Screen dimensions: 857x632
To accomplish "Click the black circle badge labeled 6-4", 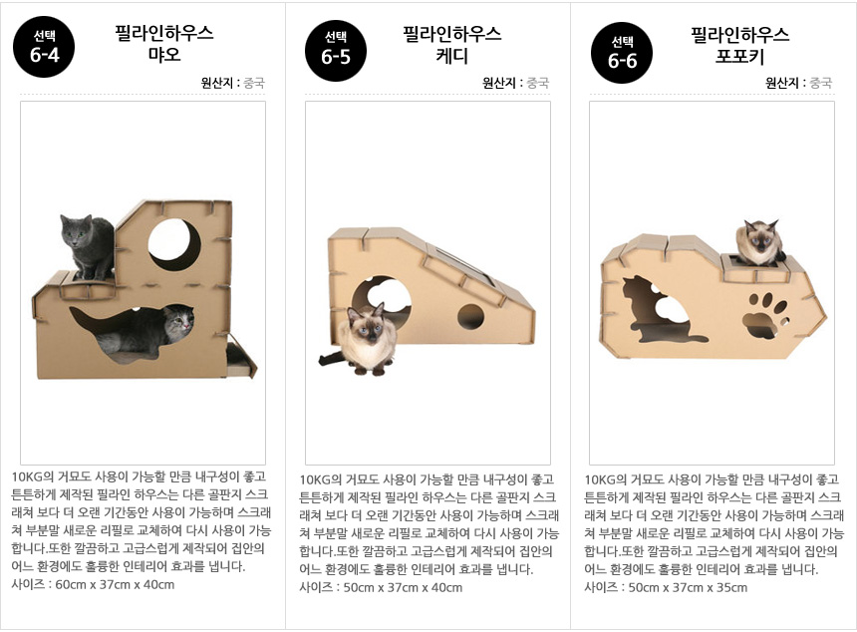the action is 44,47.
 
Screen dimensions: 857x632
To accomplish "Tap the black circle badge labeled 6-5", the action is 336,50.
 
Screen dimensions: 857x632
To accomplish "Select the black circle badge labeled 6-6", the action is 622,53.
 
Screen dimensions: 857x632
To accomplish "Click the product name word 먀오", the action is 164,55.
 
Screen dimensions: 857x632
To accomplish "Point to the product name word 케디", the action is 452,56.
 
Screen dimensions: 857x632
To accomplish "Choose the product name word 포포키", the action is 739,56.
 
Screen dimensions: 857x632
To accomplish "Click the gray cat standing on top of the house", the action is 88,246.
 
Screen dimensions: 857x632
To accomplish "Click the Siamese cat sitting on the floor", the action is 364,340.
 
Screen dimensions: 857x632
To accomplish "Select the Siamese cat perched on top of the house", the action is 759,243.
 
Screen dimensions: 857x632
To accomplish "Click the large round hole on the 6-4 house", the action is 174,244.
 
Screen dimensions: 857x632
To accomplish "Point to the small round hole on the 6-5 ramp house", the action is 470,317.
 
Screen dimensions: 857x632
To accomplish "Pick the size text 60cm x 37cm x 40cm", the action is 115,584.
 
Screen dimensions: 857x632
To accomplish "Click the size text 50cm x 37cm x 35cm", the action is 688,588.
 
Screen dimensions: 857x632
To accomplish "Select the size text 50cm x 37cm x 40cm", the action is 403,588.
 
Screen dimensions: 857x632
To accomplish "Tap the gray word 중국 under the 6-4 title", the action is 253,83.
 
